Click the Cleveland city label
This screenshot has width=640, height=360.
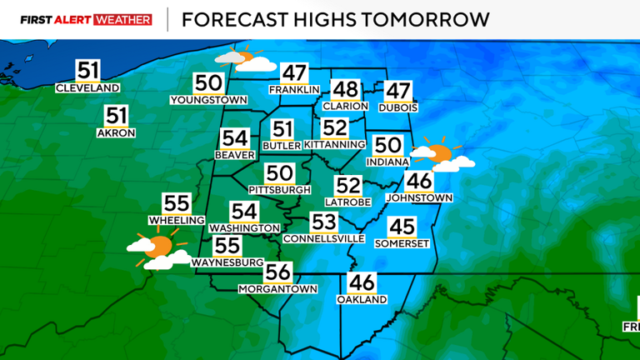coord(87,88)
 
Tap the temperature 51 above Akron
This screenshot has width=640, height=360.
coord(117,117)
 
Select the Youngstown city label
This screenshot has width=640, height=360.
coord(209,100)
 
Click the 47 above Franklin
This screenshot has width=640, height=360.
coord(293,73)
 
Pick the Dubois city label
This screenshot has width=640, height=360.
coord(397,107)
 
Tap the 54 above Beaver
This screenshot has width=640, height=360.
coord(235,139)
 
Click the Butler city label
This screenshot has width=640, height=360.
coord(282,145)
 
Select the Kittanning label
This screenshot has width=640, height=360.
coord(334,144)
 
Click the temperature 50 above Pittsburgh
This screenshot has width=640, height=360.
coord(280,173)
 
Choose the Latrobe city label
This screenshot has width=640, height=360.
coord(347,202)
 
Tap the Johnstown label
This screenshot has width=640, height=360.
coord(419,197)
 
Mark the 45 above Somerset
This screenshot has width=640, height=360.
coord(402,226)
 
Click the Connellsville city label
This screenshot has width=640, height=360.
coord(323,238)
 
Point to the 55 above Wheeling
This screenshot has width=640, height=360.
coord(177,203)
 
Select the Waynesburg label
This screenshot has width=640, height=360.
coord(227,262)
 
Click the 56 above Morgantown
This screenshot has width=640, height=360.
coord(278,272)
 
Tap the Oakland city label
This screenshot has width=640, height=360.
coord(362,299)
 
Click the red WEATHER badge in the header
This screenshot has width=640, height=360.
coord(123,19)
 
